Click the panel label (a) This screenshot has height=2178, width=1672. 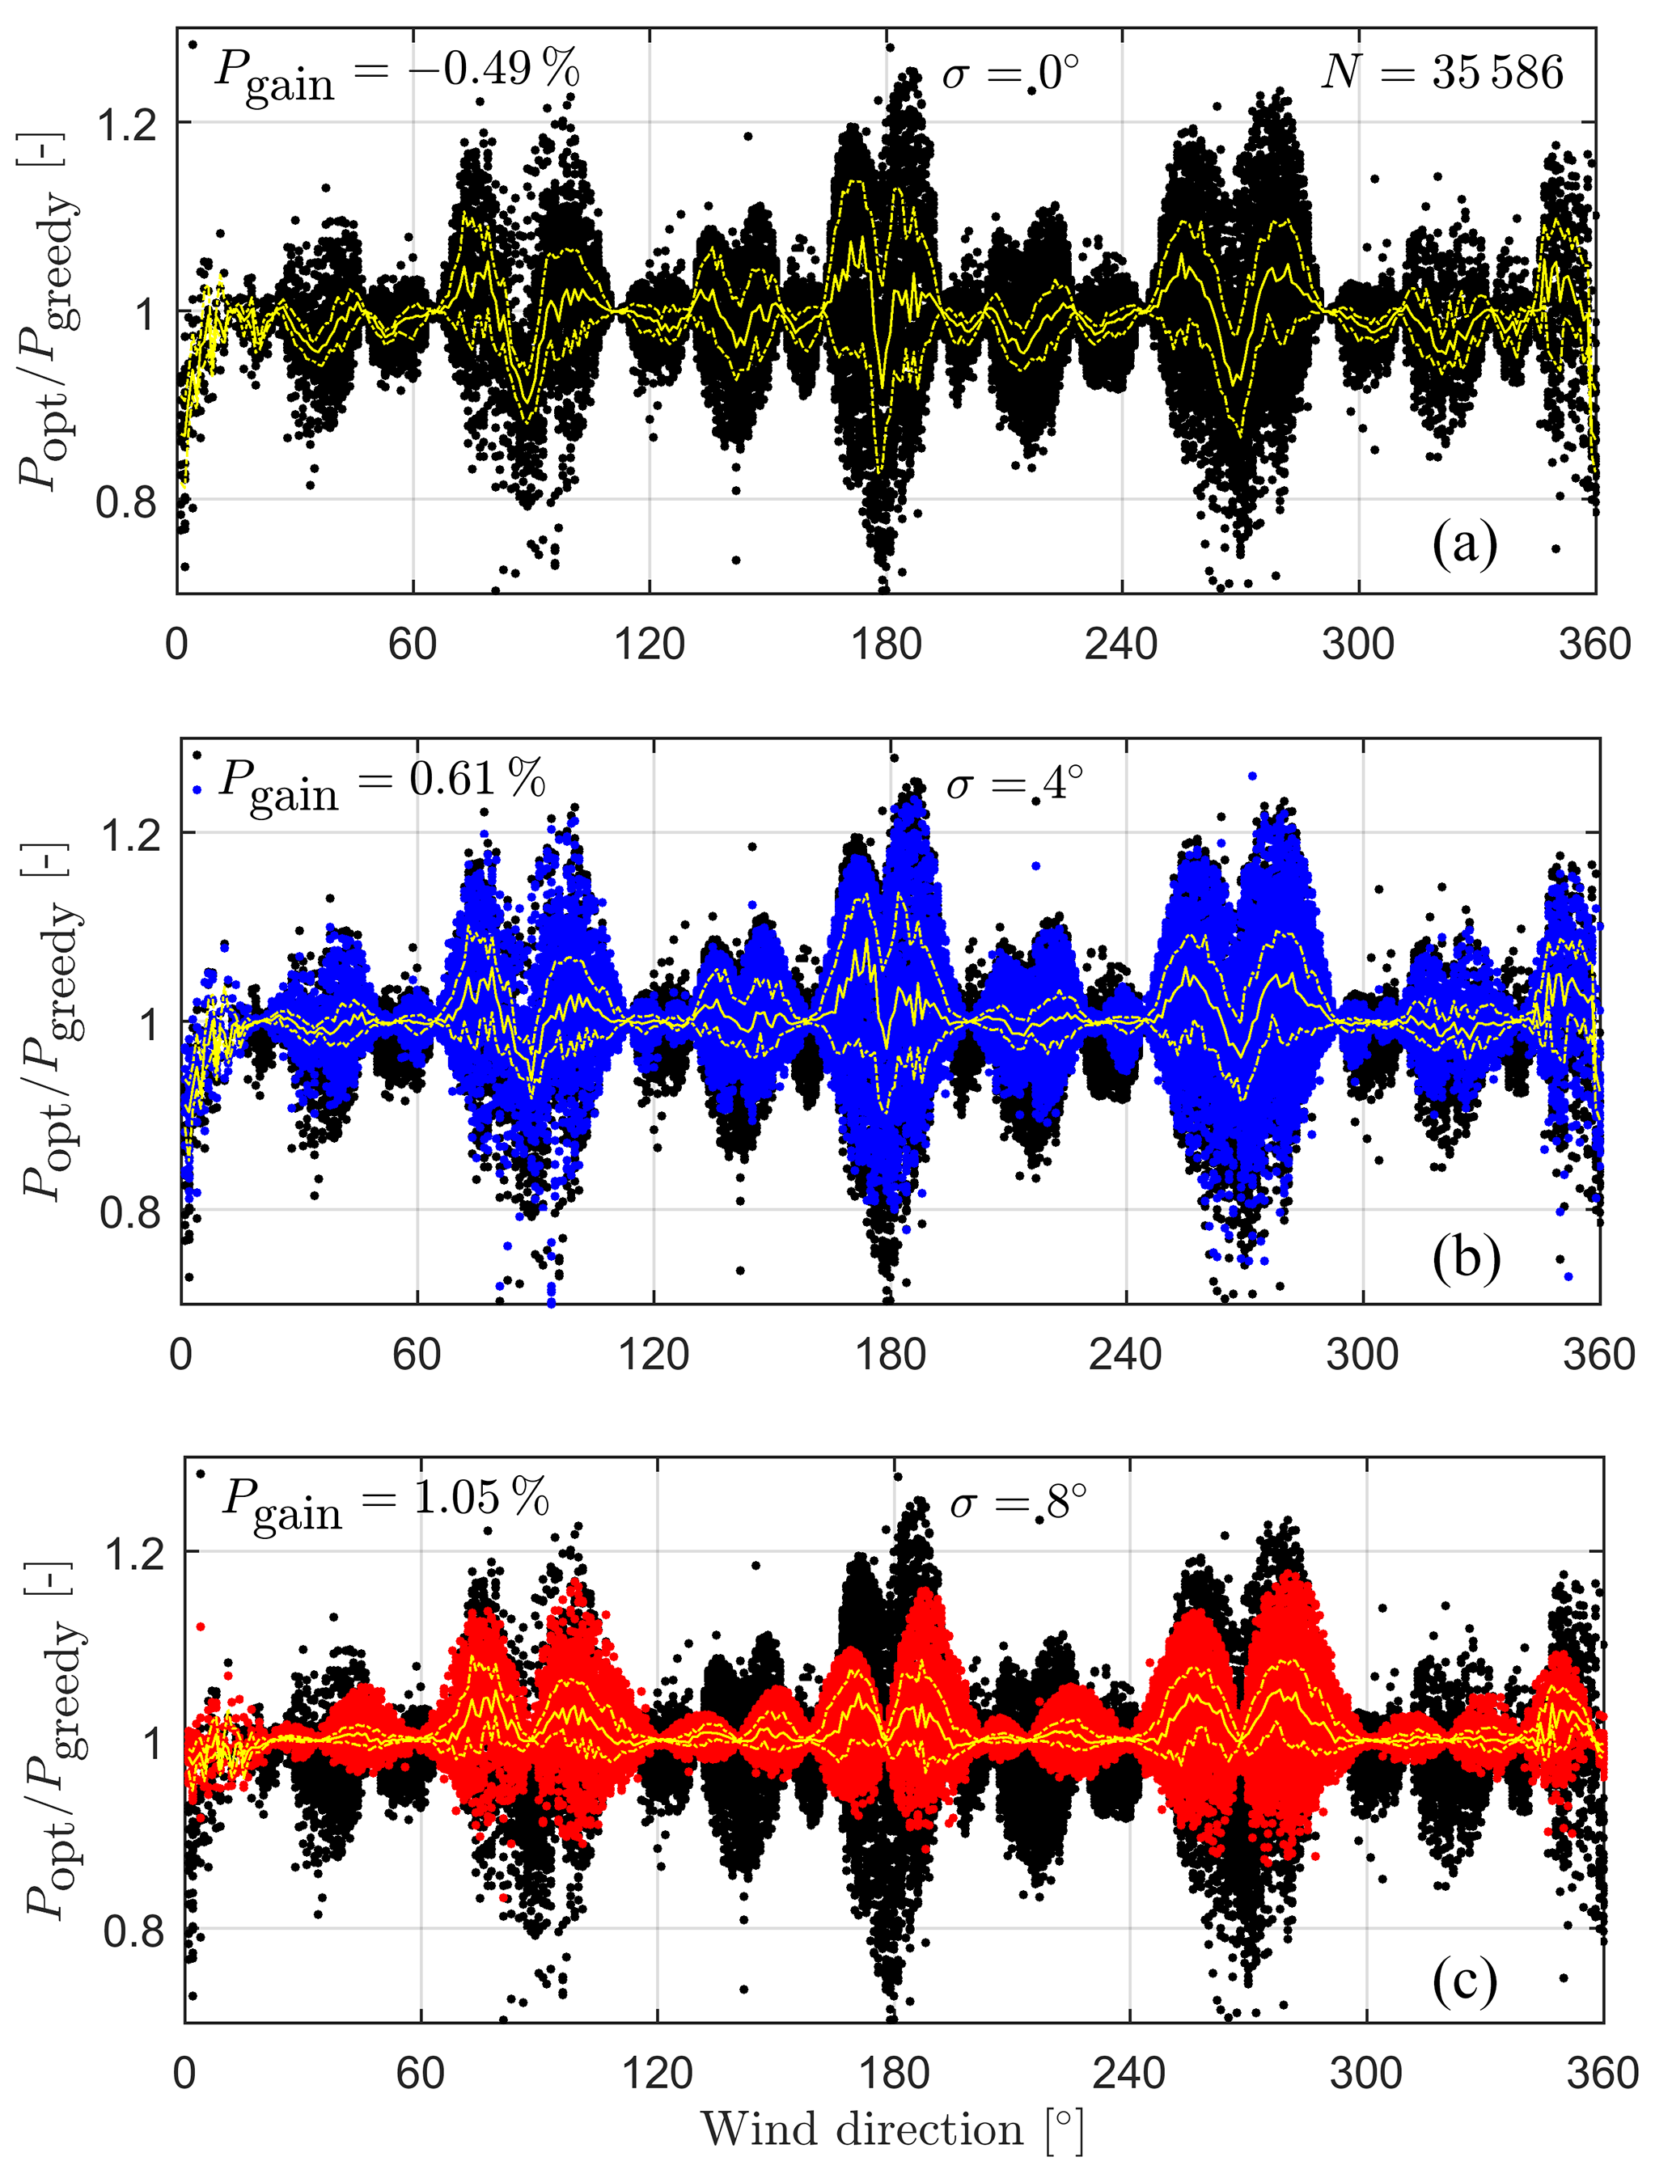click(x=1464, y=544)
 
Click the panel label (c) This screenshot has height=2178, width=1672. click(x=1465, y=1980)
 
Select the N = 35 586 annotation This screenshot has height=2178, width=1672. click(x=1442, y=73)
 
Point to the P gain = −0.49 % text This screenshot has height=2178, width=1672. click(x=396, y=74)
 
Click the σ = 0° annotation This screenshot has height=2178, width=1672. click(x=1010, y=73)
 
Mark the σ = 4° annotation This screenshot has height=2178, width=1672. click(x=1014, y=784)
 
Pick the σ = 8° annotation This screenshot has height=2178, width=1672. click(x=1017, y=1503)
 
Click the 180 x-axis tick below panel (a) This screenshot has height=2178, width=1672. click(x=885, y=645)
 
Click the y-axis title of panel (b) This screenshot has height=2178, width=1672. click(x=55, y=1021)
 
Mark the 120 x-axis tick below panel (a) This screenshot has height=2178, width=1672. click(x=649, y=645)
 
